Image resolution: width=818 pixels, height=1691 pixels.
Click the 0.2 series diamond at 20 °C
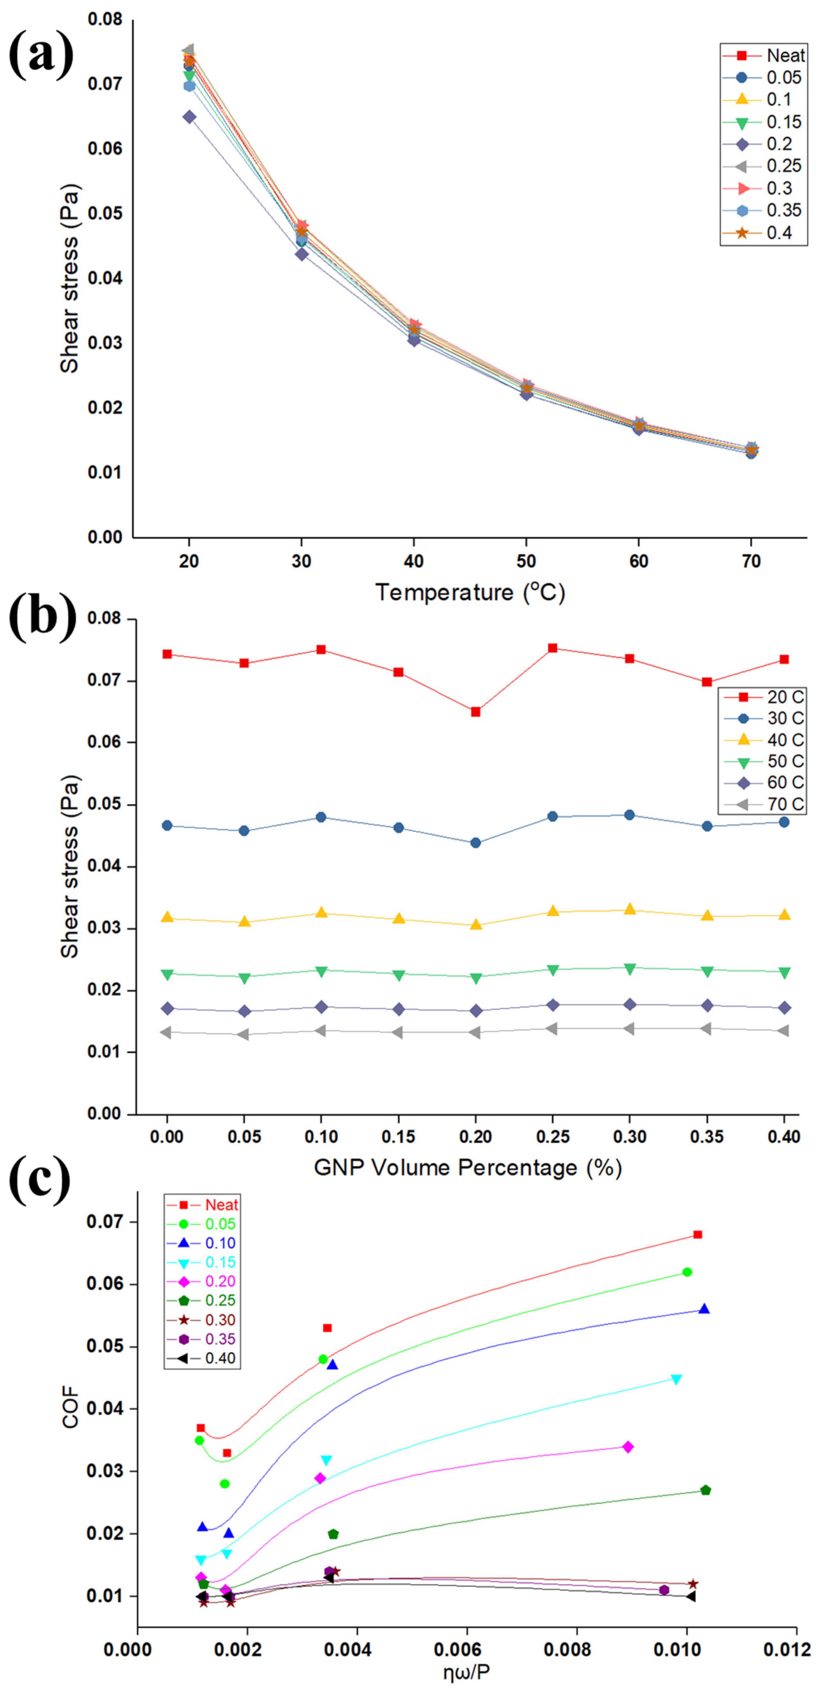point(189,117)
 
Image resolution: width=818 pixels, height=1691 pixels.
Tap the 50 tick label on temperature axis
point(526,561)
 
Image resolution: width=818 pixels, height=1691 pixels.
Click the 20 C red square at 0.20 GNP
point(475,712)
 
